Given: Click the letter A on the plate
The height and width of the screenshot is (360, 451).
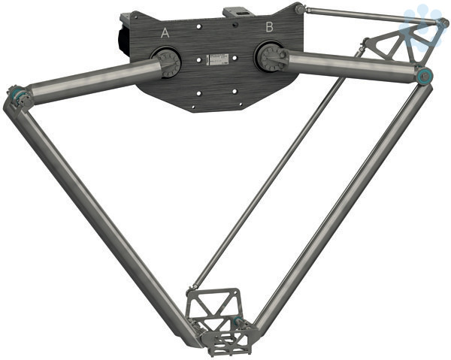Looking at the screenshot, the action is click(165, 33).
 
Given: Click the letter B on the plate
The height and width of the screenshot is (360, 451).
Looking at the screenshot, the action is click(270, 27).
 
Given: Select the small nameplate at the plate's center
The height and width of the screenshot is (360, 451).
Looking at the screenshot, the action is click(218, 59).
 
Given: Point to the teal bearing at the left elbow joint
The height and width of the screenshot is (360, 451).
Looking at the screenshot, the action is click(14, 93).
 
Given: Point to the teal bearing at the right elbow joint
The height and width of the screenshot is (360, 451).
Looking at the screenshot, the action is click(425, 76).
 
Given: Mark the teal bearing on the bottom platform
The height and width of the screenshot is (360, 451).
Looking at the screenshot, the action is click(238, 321).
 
